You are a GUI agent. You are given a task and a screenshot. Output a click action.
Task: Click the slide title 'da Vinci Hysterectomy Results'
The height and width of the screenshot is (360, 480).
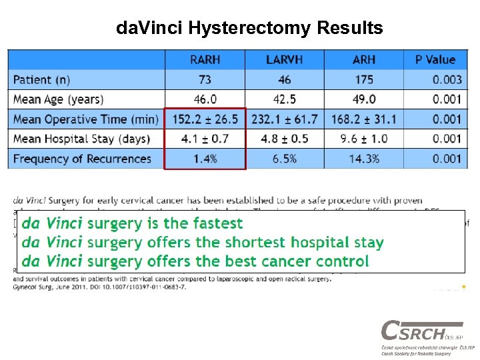[249, 28]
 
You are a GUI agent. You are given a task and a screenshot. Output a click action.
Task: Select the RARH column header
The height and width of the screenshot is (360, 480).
[205, 60]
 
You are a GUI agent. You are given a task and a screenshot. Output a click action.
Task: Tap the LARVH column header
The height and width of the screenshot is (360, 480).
[284, 60]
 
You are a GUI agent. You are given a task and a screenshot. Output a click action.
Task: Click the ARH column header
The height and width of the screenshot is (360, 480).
[363, 60]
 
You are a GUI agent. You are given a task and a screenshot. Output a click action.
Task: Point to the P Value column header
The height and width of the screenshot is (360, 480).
[435, 60]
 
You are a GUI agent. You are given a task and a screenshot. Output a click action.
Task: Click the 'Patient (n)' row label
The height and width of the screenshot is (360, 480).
[41, 80]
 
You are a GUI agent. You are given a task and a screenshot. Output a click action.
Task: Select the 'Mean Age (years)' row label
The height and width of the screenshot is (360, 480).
[58, 99]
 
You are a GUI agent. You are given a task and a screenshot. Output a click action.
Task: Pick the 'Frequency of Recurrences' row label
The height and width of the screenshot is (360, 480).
[82, 159]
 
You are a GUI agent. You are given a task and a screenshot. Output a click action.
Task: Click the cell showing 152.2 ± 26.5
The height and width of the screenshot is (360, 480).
[205, 119]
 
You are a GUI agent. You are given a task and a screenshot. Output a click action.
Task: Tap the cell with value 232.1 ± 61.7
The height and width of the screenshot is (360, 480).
[284, 119]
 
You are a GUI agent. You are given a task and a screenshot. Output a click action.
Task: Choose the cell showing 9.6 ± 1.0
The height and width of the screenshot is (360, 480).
[363, 139]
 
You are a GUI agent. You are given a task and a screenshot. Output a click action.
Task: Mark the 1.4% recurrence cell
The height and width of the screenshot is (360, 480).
[205, 159]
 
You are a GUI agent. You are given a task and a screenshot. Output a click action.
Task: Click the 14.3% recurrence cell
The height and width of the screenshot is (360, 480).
[363, 159]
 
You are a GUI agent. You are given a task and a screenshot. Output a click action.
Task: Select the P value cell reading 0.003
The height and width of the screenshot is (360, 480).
[446, 80]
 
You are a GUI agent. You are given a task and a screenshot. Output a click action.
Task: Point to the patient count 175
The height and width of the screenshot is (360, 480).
[363, 80]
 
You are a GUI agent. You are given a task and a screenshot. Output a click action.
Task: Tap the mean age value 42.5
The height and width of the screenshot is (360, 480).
[284, 99]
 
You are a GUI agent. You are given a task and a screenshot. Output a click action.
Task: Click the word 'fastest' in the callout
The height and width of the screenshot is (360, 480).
[217, 223]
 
